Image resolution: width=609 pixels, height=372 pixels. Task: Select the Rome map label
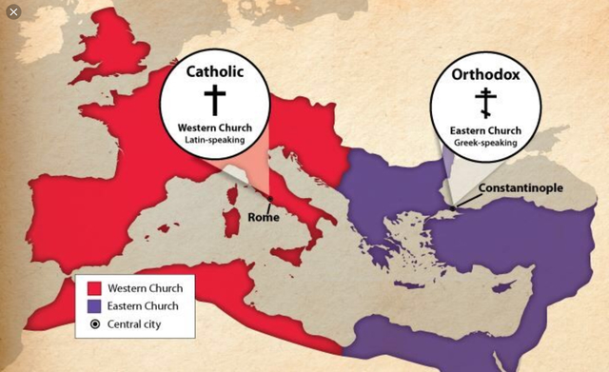(x=263, y=218)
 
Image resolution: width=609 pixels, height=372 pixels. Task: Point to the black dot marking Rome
(x=271, y=199)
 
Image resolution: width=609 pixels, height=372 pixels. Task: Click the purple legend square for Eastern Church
(x=94, y=305)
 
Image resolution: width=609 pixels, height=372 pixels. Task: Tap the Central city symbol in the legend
(x=94, y=324)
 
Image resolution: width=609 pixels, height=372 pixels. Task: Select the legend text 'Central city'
(x=138, y=324)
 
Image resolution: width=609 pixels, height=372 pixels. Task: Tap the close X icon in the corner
(x=12, y=11)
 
